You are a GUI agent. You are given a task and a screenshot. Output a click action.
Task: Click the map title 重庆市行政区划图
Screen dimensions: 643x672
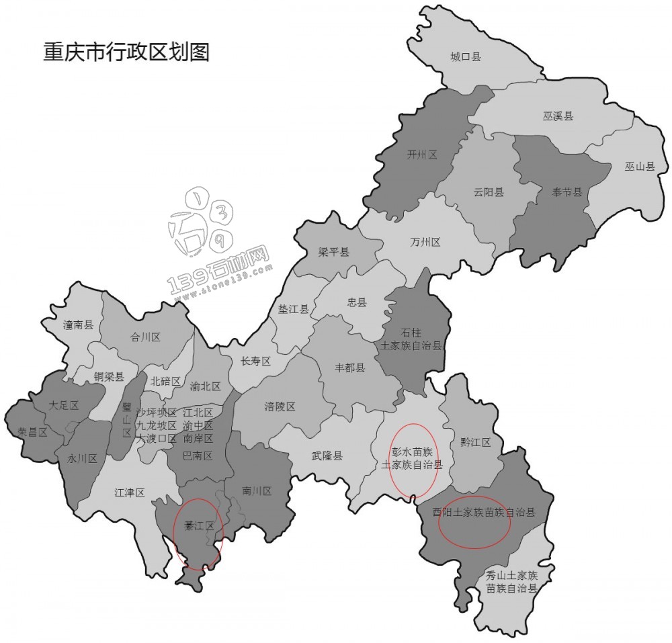(x=126, y=52)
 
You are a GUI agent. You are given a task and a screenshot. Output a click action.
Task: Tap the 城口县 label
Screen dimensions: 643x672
(x=465, y=57)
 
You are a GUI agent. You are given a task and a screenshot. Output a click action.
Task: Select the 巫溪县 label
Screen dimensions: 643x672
(x=558, y=116)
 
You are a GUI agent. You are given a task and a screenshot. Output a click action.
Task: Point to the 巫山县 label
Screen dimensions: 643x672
(x=639, y=167)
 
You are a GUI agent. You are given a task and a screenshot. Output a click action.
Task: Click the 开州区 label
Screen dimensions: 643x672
(x=422, y=155)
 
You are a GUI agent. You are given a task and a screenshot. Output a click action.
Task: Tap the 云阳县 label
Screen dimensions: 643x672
(x=489, y=192)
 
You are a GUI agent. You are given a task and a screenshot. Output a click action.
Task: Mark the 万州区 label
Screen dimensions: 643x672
(x=425, y=242)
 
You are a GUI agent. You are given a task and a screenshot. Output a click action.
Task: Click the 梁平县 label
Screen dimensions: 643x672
(x=334, y=252)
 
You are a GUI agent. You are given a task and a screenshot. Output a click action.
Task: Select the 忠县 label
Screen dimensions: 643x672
(x=357, y=302)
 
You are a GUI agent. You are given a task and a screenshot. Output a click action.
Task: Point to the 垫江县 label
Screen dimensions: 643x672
(x=294, y=309)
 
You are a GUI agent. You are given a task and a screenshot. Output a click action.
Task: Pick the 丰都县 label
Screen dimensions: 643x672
(x=350, y=368)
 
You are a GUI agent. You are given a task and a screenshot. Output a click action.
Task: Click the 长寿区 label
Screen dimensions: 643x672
(x=255, y=361)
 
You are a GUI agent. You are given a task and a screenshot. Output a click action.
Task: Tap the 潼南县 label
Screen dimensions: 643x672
(x=78, y=325)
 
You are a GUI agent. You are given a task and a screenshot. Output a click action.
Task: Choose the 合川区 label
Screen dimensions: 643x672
(x=145, y=338)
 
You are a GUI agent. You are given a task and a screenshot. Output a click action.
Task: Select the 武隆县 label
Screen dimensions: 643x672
(x=327, y=456)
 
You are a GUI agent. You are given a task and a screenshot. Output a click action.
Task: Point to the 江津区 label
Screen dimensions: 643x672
(x=130, y=492)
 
